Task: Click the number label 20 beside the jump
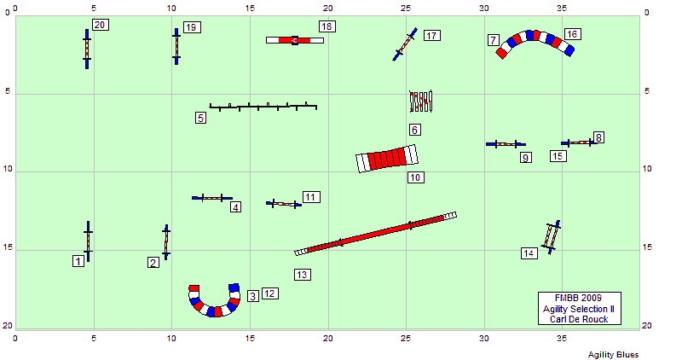tap(100, 25)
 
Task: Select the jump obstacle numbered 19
tap(176, 47)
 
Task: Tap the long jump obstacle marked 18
tap(295, 40)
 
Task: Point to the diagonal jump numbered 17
tap(405, 44)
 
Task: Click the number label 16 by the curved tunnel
tap(572, 34)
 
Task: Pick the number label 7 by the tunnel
tap(493, 40)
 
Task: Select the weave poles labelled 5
tap(263, 107)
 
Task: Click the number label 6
tap(415, 130)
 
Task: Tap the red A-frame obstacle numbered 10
tap(387, 159)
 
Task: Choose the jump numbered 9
tap(506, 144)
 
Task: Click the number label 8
tap(598, 138)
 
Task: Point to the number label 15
tap(558, 156)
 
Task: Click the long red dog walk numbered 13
tap(375, 234)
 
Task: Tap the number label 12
tap(270, 293)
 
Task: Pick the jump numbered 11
tap(284, 203)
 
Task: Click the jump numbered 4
tap(212, 198)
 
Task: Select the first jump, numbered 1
tap(89, 241)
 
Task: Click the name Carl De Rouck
tap(579, 319)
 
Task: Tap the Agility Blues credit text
tap(613, 355)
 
